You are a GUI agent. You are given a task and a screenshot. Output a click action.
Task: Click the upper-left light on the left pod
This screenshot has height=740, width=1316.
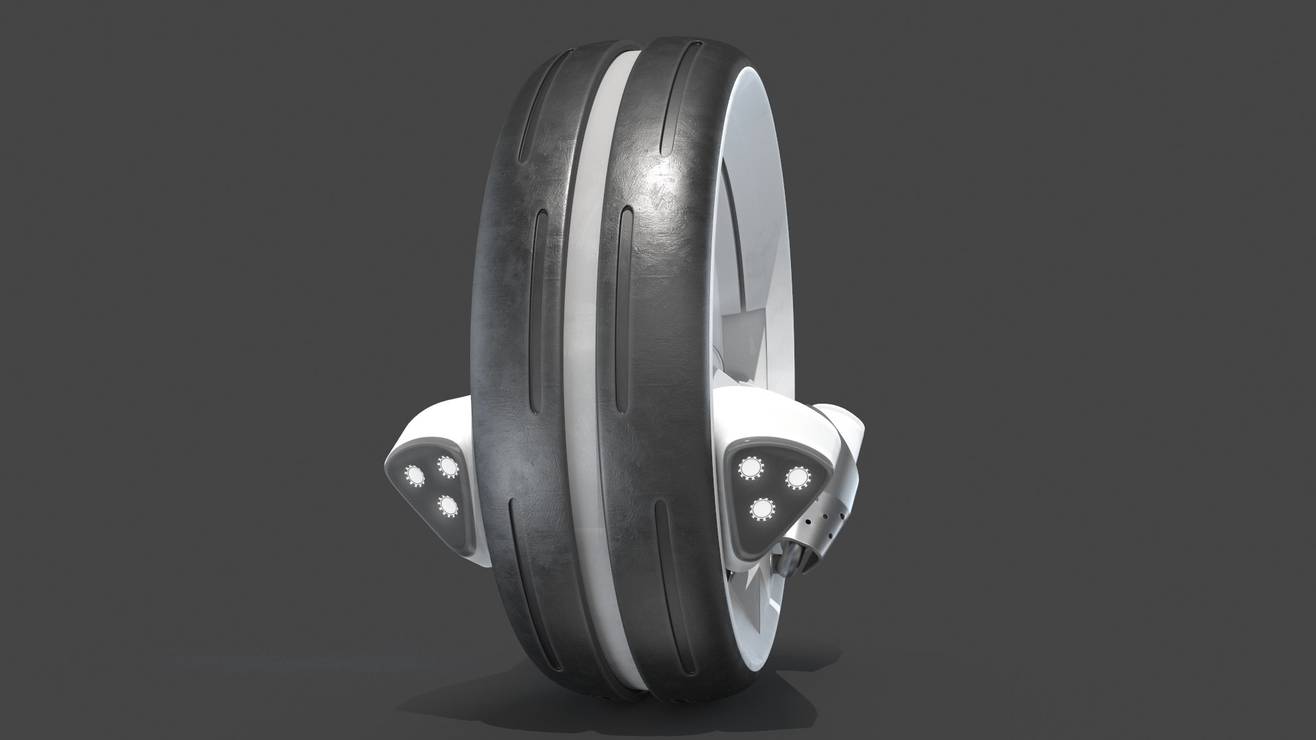tap(415, 475)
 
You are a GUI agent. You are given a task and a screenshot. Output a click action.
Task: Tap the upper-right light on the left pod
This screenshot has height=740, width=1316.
tap(449, 467)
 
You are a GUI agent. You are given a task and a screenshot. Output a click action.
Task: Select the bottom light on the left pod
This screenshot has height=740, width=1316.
tap(449, 506)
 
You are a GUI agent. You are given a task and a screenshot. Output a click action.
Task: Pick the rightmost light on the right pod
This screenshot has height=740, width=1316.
tap(795, 477)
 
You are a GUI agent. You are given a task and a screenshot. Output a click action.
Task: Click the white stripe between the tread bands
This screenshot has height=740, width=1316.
tap(581, 343)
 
